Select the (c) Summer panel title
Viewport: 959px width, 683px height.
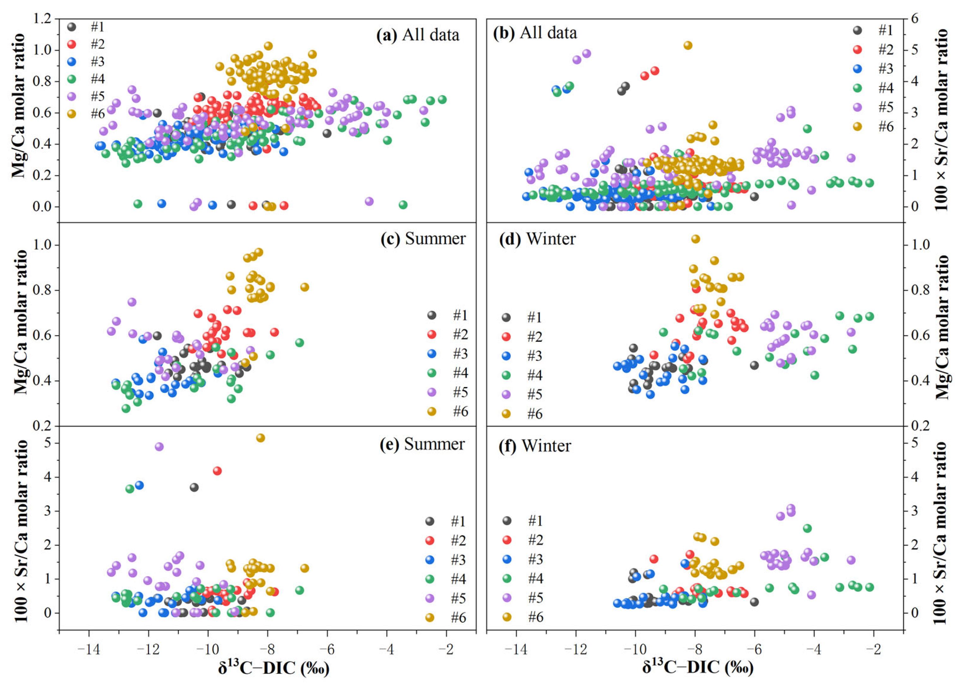click(x=423, y=239)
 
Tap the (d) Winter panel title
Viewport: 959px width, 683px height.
click(x=537, y=239)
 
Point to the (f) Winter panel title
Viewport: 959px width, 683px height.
click(x=535, y=446)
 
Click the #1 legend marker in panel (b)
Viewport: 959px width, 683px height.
click(x=857, y=30)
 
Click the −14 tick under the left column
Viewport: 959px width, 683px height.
click(x=89, y=650)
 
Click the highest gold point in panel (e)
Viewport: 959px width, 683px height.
click(x=260, y=438)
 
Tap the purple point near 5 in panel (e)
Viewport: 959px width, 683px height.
click(x=159, y=447)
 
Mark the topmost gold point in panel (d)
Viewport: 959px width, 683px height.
click(x=696, y=239)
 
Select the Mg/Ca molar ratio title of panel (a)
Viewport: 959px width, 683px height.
click(x=19, y=106)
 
